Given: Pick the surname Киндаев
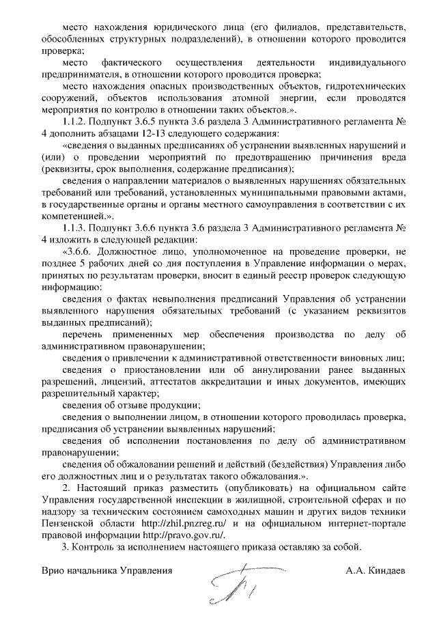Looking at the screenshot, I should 385,570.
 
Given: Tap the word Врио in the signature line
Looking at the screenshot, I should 53,570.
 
